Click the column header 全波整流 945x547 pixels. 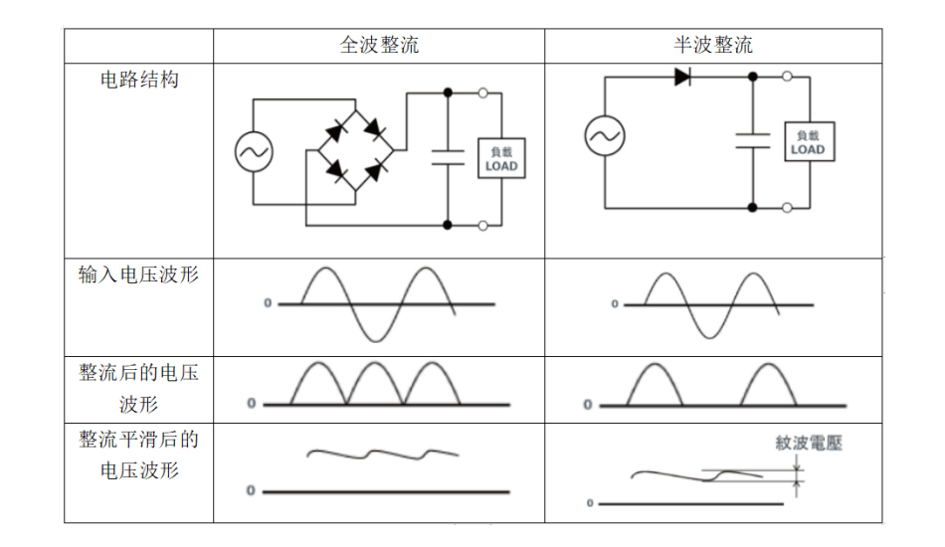(x=379, y=46)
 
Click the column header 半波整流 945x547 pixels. (x=713, y=46)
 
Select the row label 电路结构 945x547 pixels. (x=139, y=80)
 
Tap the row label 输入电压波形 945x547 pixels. (x=138, y=274)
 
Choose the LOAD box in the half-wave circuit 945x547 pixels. (x=809, y=143)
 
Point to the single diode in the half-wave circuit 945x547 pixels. (x=682, y=77)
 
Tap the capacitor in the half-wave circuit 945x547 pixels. (x=753, y=140)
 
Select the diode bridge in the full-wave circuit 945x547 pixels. (x=355, y=151)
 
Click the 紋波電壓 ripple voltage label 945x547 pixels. (x=809, y=444)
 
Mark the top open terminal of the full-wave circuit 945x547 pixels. (x=483, y=93)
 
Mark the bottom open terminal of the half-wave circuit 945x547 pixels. (x=788, y=208)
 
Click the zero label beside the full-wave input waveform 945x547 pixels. (x=268, y=303)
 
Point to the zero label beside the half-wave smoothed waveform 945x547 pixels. (x=590, y=504)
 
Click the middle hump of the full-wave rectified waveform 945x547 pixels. (x=373, y=384)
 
